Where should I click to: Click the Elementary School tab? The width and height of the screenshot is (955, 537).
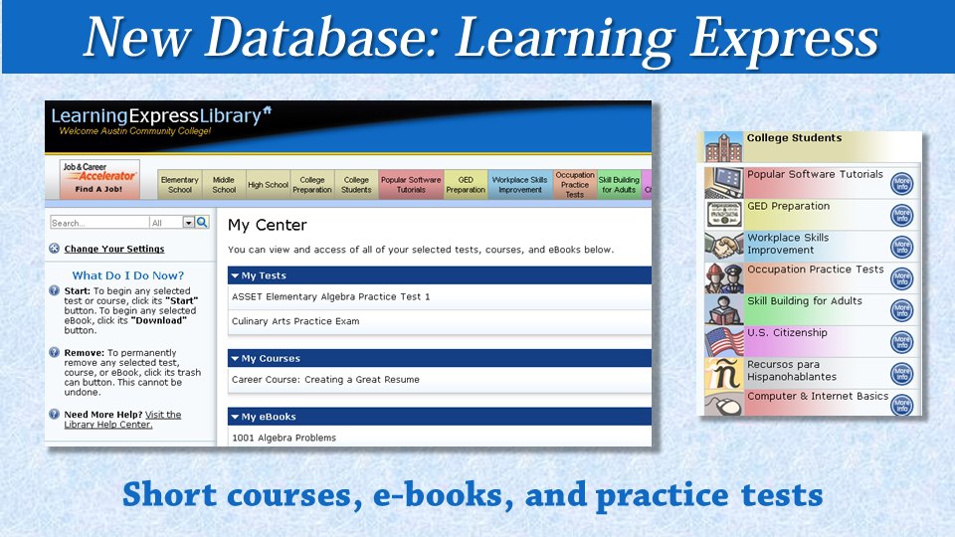180,185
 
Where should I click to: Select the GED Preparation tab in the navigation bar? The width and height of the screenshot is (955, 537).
466,185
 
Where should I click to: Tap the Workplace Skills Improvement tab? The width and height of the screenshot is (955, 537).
519,185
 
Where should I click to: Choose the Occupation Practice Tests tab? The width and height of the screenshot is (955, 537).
574,185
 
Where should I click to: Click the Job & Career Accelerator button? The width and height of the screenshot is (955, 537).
98,180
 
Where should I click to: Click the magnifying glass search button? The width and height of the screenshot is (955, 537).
202,223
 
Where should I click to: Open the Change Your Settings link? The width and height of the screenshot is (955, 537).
114,249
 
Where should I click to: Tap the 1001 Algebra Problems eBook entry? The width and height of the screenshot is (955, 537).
284,438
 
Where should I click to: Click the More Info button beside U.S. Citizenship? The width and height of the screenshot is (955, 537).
901,342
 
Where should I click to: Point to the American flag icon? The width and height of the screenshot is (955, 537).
723,342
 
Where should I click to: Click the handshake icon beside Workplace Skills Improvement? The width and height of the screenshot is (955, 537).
723,246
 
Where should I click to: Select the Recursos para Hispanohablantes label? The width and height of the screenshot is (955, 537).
792,371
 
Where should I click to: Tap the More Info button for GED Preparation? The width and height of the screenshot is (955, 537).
901,215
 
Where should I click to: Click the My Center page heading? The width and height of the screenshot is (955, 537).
268,226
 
